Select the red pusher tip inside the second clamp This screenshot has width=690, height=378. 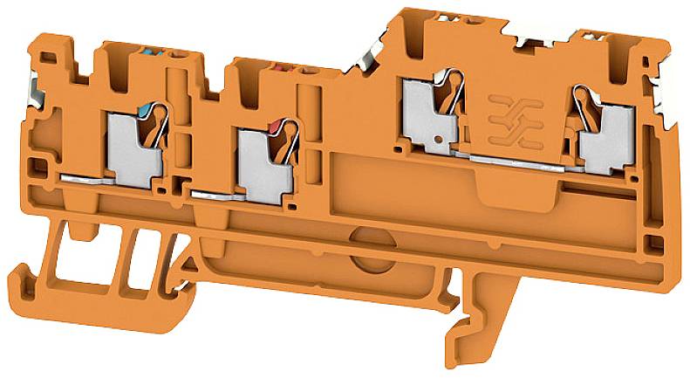(277, 127)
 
